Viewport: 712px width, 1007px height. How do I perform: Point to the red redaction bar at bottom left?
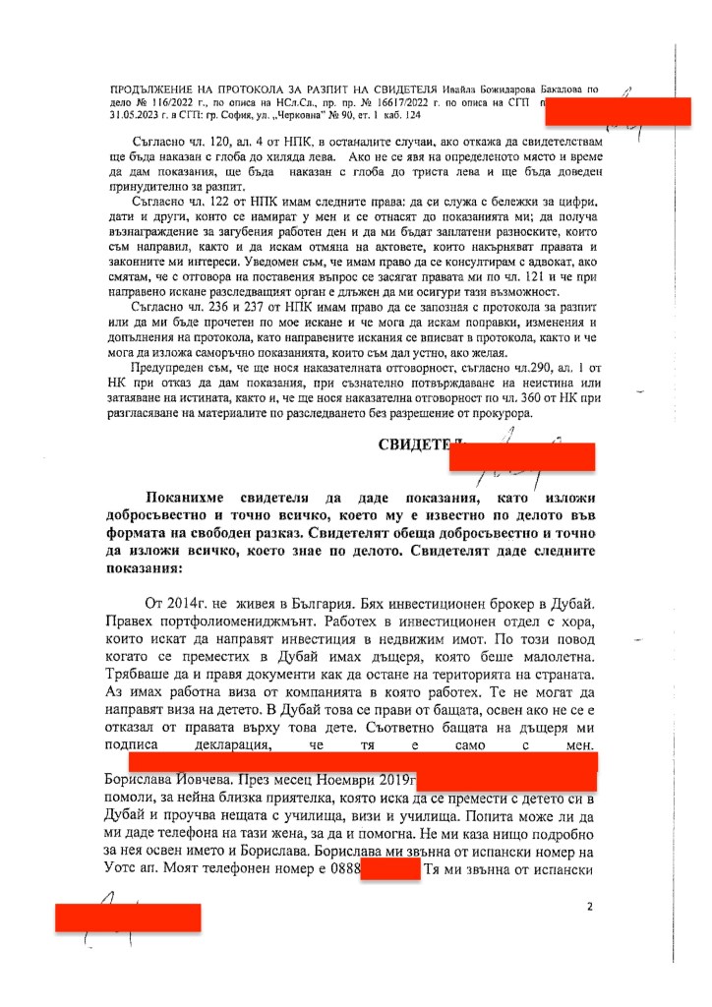point(128,917)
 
